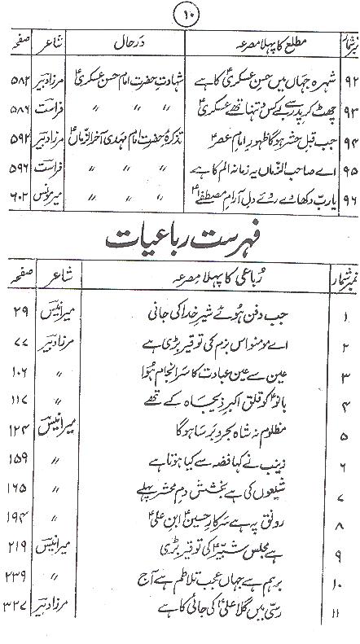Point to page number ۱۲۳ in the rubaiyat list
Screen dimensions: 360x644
click(x=20, y=434)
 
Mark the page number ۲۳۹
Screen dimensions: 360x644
click(x=20, y=598)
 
